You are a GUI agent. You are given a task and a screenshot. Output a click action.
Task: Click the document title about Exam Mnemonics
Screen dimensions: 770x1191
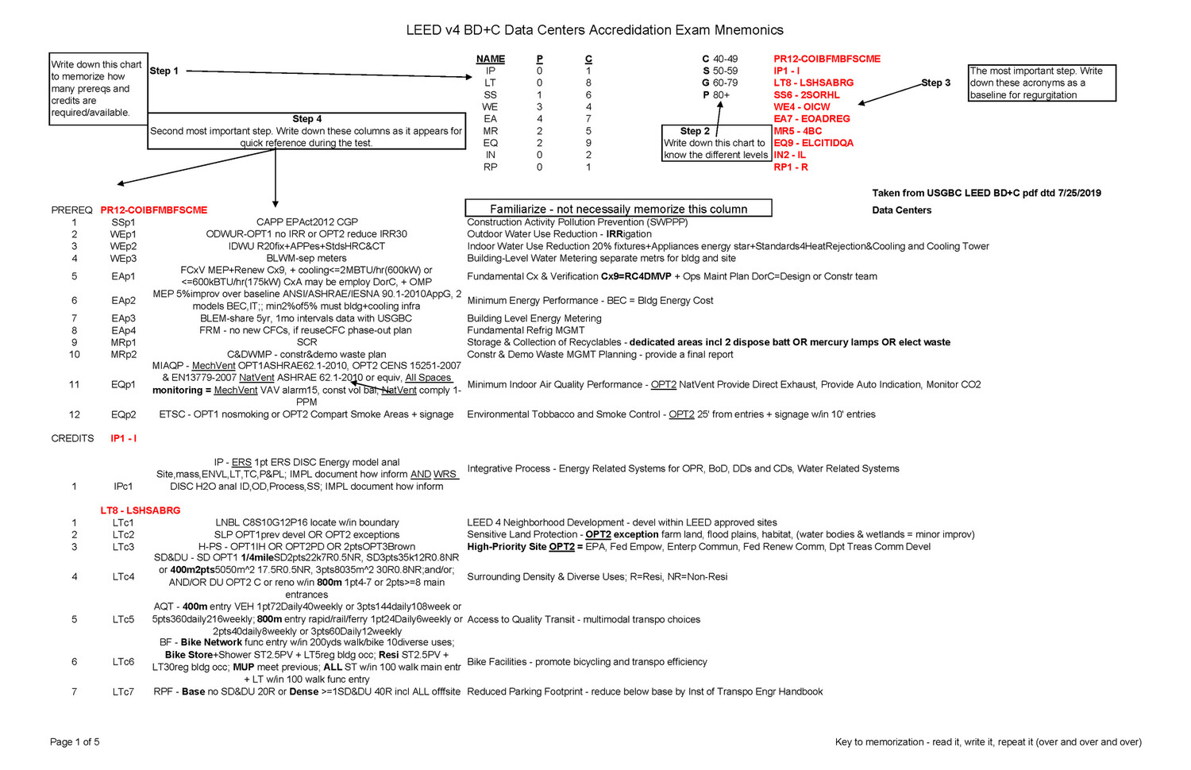(x=595, y=30)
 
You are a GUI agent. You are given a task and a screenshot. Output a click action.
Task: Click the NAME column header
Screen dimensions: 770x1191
(x=491, y=59)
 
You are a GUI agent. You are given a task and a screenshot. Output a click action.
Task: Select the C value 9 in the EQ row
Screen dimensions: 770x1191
(x=588, y=143)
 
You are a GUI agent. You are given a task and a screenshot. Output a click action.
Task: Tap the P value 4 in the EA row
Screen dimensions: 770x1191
(x=540, y=118)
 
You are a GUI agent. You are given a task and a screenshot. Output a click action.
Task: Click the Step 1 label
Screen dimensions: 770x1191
(x=164, y=71)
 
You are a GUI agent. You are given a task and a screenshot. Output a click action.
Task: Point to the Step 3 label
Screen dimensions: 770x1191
(x=935, y=83)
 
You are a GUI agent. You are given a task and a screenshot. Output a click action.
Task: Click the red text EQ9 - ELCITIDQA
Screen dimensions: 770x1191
(x=813, y=143)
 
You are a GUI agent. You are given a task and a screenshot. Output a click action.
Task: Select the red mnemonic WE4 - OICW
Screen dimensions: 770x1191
(x=801, y=106)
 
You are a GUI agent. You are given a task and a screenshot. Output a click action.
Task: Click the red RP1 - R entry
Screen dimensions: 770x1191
(x=791, y=167)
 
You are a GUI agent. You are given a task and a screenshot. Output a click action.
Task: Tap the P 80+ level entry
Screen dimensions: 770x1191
(x=716, y=94)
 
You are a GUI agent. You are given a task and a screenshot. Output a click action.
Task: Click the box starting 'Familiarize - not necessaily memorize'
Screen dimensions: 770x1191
(x=618, y=209)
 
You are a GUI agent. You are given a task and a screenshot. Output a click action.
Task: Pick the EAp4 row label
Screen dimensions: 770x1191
(x=123, y=330)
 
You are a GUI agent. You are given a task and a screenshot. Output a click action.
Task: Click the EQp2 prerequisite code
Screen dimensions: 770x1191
(x=123, y=414)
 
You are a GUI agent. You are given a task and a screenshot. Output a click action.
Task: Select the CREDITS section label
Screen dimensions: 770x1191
(x=72, y=438)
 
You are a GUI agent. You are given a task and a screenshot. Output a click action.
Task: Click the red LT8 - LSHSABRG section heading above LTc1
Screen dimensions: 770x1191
(x=141, y=510)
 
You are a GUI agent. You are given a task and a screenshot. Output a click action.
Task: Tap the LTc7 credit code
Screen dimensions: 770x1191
(x=123, y=691)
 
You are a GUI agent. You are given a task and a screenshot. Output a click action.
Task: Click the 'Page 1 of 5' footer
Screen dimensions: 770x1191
(x=75, y=742)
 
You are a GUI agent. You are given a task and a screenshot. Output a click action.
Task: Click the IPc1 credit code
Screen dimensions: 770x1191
(x=123, y=487)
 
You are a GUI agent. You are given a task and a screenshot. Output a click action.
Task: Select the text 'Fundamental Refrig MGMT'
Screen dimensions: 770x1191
(x=526, y=330)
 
